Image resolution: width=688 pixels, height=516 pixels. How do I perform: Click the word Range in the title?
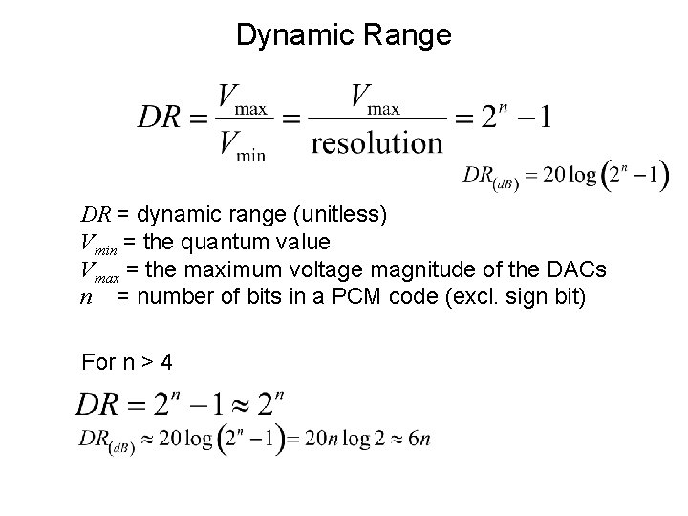(409, 35)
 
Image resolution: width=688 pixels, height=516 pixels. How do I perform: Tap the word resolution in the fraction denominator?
(376, 142)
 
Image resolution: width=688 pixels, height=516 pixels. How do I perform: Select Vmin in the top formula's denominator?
(241, 144)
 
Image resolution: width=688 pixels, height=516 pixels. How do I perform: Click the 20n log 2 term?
(343, 439)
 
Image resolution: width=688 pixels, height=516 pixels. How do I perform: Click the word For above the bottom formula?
(97, 363)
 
